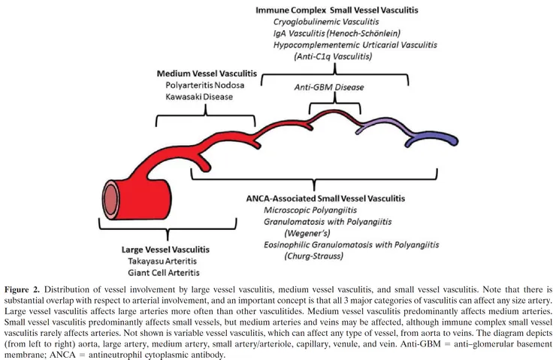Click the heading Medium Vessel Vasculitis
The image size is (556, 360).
pos(207,74)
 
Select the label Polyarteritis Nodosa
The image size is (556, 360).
pos(205,86)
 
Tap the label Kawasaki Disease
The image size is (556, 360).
pos(199,97)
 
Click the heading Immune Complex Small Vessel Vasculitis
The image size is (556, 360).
pos(337,11)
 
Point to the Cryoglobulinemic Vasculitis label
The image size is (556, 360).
pos(326,22)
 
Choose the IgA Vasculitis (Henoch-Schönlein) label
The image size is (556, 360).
pos(337,34)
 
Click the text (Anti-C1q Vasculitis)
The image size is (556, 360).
pos(333,56)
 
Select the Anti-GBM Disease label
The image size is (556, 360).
pos(329,87)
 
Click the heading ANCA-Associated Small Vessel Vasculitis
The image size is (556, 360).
pos(325,198)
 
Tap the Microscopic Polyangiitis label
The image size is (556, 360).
pos(310,210)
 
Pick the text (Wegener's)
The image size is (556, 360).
pos(307,234)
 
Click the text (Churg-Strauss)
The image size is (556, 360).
pos(314,256)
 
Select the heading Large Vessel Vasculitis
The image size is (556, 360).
pos(165,250)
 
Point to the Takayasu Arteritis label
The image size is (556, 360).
pos(162,262)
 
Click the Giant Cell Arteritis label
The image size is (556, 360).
pos(164,273)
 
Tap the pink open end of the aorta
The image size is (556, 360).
pos(110,200)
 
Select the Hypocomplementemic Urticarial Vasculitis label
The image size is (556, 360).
pos(355,45)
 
